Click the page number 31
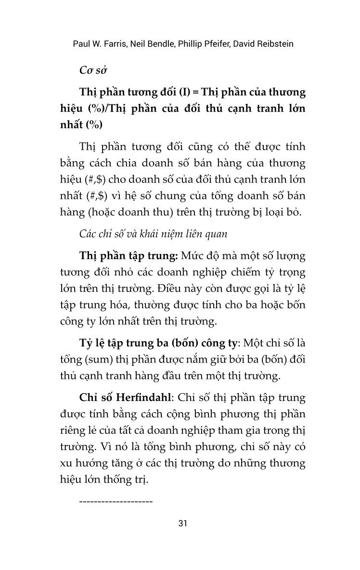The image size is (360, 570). pyautogui.click(x=182, y=523)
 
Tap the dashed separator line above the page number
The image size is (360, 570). pyautogui.click(x=115, y=502)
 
